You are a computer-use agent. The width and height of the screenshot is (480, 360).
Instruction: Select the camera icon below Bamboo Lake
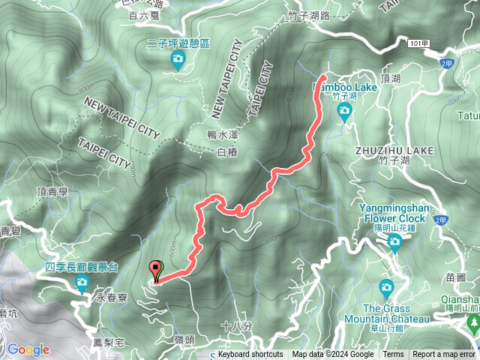pos(344,112)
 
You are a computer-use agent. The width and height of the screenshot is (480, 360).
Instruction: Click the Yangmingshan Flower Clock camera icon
pos(394,241)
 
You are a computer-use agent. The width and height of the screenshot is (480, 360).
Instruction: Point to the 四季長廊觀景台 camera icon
pos(82,282)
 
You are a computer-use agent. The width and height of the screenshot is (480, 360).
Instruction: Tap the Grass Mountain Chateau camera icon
pos(386,286)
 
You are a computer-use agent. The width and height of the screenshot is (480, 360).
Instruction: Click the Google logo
pos(28,349)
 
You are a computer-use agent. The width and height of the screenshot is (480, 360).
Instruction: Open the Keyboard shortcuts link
pos(250,355)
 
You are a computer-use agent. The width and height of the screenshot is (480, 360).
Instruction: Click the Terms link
pos(393,355)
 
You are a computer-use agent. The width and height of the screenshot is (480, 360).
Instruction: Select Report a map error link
pos(445,355)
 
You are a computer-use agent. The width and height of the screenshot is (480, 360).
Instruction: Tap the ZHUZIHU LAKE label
pos(395,151)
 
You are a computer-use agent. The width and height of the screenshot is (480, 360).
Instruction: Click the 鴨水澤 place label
pos(222,135)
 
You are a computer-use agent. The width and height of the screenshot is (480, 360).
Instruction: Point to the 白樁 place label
pos(226,152)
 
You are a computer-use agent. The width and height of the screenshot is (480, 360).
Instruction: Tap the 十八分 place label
pos(232,325)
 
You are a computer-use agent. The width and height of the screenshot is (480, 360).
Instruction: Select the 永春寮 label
pos(112,298)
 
